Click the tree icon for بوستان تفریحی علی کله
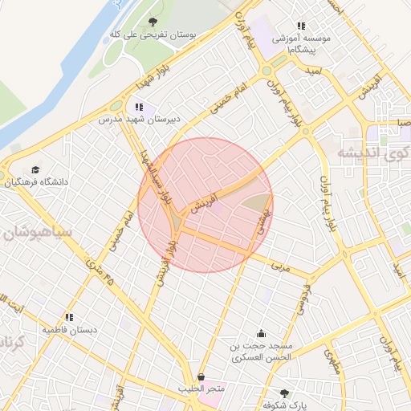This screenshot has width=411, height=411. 153,22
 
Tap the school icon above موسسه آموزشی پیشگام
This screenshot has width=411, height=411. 301,26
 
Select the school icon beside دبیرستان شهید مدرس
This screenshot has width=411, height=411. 139,106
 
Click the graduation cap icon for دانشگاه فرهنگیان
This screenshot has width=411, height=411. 35,170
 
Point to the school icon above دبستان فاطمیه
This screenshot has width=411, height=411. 70,316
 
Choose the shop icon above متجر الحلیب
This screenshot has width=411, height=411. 200,376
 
